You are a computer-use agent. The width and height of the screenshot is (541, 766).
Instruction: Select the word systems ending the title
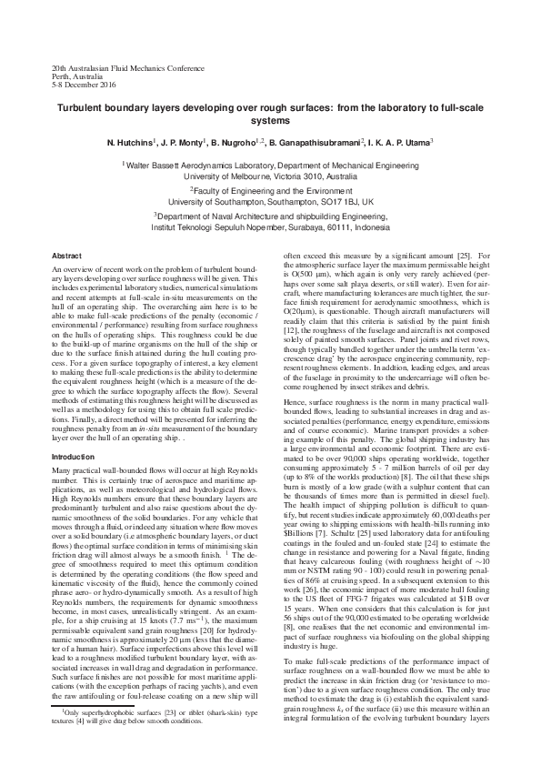click(270, 119)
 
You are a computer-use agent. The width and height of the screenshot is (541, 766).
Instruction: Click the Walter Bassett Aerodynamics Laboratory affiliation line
click(271, 166)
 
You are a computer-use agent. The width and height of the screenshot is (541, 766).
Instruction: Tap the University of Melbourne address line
click(270, 176)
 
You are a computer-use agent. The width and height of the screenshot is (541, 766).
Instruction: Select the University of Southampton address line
click(270, 202)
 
